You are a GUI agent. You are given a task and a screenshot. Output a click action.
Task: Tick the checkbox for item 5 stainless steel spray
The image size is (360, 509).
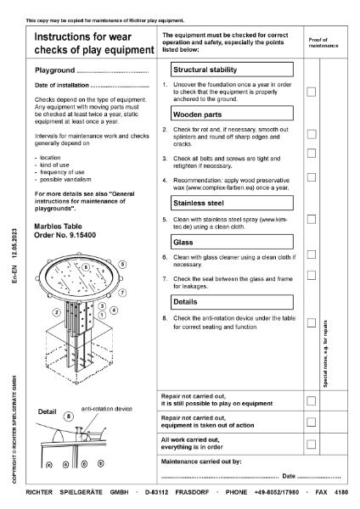point(312,220)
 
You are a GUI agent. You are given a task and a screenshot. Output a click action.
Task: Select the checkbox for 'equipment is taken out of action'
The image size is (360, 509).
point(312,422)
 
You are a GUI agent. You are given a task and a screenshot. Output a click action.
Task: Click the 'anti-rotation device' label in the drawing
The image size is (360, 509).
point(106,409)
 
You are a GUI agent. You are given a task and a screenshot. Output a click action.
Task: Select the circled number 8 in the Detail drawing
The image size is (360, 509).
point(69,416)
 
